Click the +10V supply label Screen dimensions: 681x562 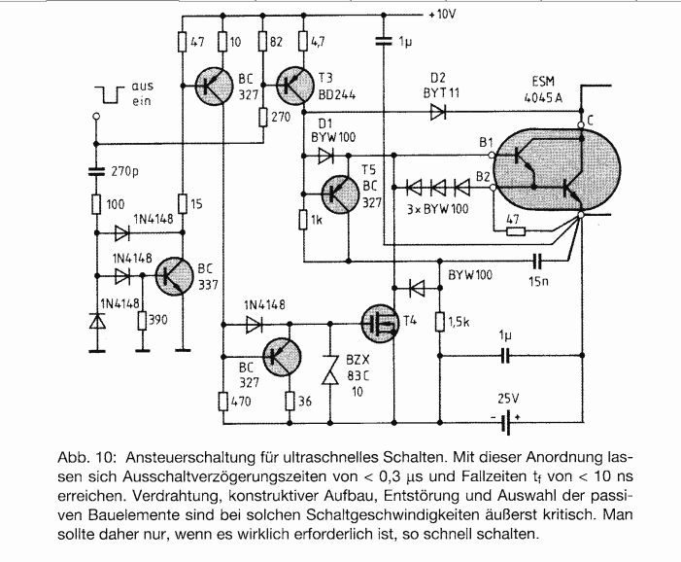click(x=442, y=15)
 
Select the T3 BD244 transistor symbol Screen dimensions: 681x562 click(x=295, y=86)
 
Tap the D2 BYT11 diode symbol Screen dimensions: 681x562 click(x=438, y=114)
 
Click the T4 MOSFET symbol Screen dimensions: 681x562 click(x=381, y=324)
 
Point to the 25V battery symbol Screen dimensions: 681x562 click(x=504, y=422)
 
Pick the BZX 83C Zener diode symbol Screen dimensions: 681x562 click(x=330, y=369)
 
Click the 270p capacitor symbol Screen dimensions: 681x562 click(x=96, y=171)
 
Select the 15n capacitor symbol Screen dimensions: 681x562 click(x=537, y=262)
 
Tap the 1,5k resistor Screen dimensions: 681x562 click(x=439, y=322)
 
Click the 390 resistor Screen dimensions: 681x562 click(x=142, y=321)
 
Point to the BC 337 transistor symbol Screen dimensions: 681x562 click(x=175, y=275)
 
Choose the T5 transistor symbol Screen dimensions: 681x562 click(x=340, y=193)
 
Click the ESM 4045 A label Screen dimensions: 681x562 click(x=543, y=89)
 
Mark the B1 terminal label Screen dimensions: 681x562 click(x=486, y=143)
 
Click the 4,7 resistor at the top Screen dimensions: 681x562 click(x=303, y=42)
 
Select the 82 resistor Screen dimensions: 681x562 click(x=262, y=42)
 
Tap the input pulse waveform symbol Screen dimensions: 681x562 click(x=111, y=94)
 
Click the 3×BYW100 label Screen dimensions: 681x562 click(x=438, y=209)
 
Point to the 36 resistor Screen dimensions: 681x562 click(x=290, y=402)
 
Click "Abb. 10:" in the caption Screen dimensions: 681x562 click(x=86, y=458)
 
